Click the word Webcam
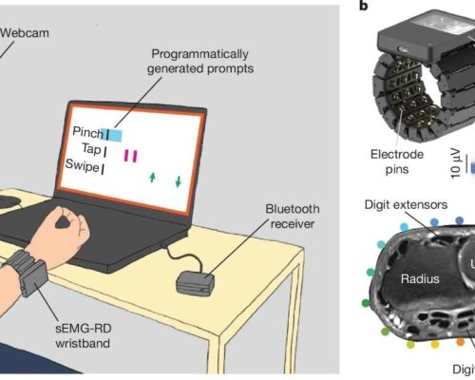pyautogui.click(x=25, y=33)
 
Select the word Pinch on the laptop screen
pyautogui.click(x=87, y=132)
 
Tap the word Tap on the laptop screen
pyautogui.click(x=91, y=149)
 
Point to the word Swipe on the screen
pyautogui.click(x=82, y=165)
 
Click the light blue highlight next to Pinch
pyautogui.click(x=111, y=135)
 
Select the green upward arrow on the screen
pyautogui.click(x=152, y=178)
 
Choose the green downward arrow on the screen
pyautogui.click(x=179, y=181)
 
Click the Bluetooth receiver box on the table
pyautogui.click(x=196, y=283)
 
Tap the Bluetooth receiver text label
pyautogui.click(x=293, y=217)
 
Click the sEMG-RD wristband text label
pyautogui.click(x=84, y=335)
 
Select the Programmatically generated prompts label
pyautogui.click(x=200, y=61)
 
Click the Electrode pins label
pyautogui.click(x=397, y=161)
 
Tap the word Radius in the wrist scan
pyautogui.click(x=420, y=279)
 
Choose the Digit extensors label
pyautogui.click(x=406, y=205)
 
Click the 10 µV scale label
pyautogui.click(x=455, y=163)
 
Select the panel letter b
pyautogui.click(x=364, y=6)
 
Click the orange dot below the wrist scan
pyautogui.click(x=461, y=342)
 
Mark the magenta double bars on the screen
pyautogui.click(x=130, y=156)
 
